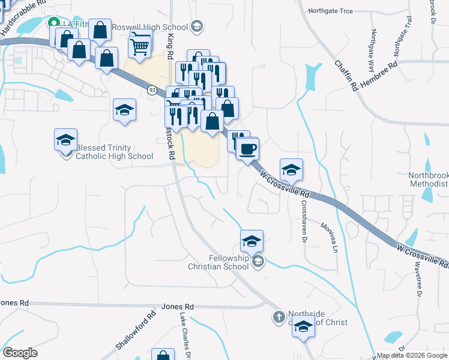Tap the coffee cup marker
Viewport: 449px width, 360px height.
coord(247,148)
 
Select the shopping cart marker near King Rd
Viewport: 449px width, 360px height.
coord(139,43)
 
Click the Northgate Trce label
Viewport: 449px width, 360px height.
coord(330,11)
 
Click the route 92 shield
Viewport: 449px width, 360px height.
coord(152,90)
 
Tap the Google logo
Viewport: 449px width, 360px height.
coord(20,353)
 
